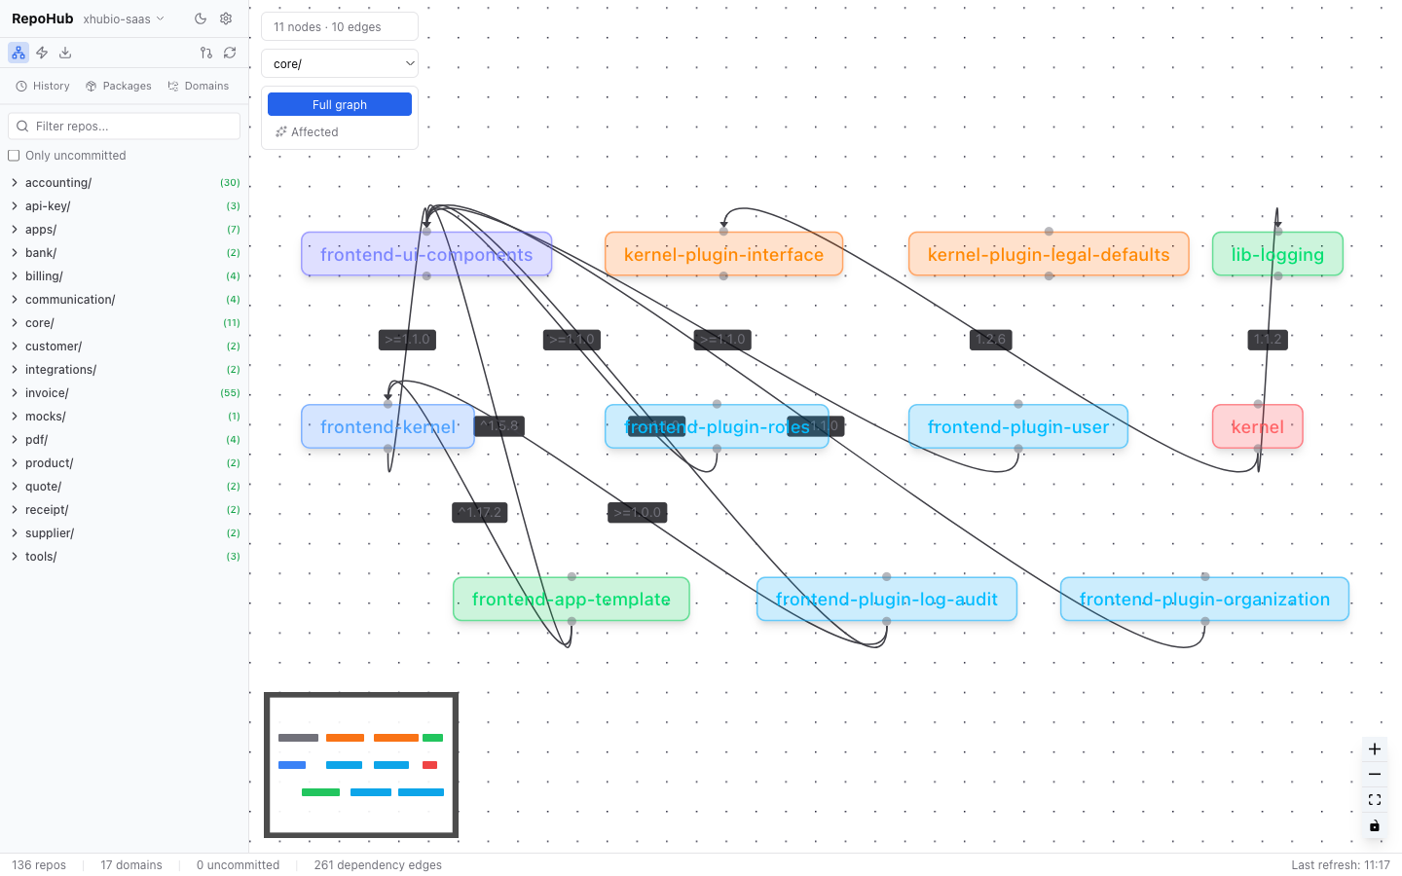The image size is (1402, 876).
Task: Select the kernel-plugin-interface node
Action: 723,255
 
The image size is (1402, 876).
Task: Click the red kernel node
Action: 1257,427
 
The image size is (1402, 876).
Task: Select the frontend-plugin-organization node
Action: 1204,600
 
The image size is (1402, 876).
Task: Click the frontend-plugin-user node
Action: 1017,427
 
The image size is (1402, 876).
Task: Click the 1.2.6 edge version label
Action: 990,340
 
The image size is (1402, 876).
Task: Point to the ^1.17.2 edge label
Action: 479,513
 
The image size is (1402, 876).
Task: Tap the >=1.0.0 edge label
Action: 637,513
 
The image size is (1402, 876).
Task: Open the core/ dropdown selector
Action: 339,64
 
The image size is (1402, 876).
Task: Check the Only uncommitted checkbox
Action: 14,156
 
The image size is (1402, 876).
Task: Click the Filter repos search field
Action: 125,127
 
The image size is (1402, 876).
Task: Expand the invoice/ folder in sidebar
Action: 47,393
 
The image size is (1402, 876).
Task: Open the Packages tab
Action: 119,87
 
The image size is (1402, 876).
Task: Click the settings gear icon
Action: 226,18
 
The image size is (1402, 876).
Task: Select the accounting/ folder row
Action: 58,183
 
